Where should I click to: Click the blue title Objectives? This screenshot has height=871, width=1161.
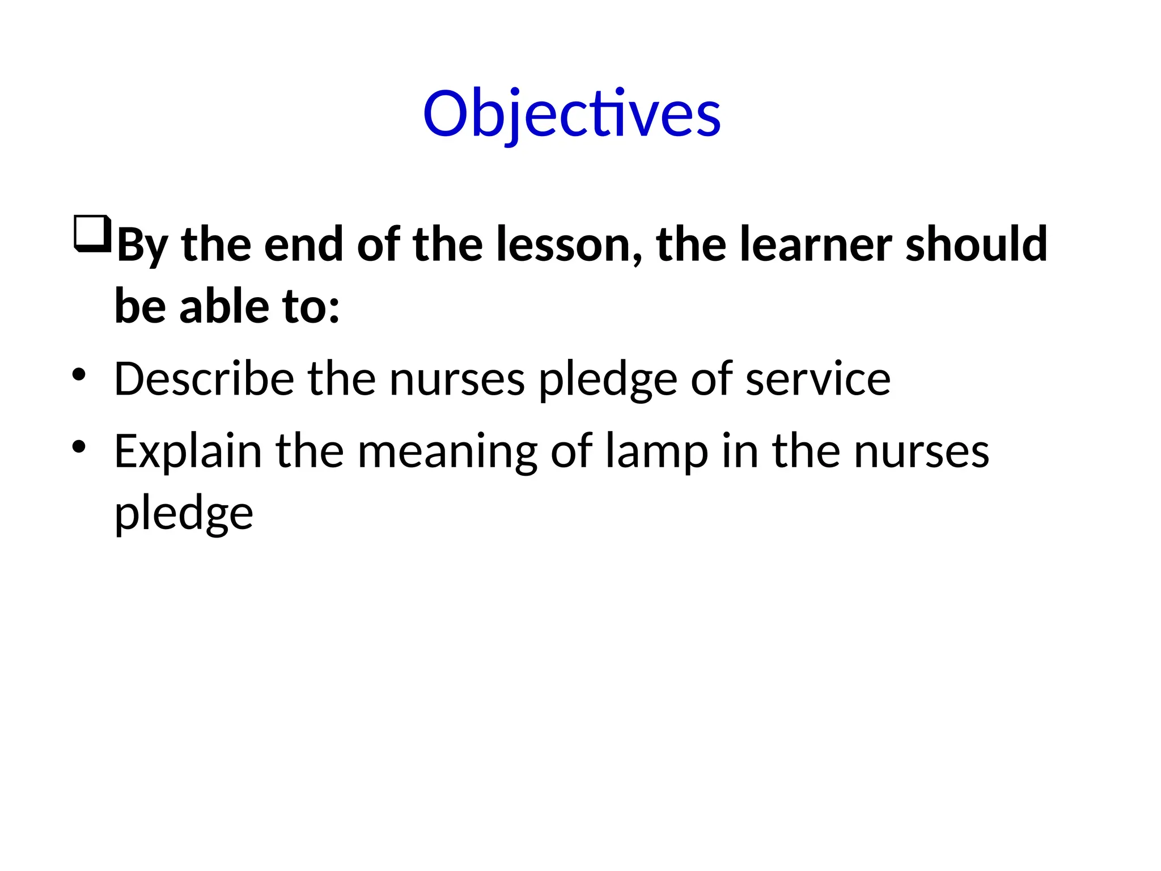(x=571, y=115)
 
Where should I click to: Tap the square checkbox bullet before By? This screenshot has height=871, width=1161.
(x=92, y=233)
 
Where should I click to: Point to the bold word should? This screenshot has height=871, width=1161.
(x=976, y=245)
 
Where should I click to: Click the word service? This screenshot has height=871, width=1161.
(x=817, y=379)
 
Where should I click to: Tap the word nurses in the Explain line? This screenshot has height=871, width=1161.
(x=921, y=451)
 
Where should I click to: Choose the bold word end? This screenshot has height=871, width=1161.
(x=303, y=245)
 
